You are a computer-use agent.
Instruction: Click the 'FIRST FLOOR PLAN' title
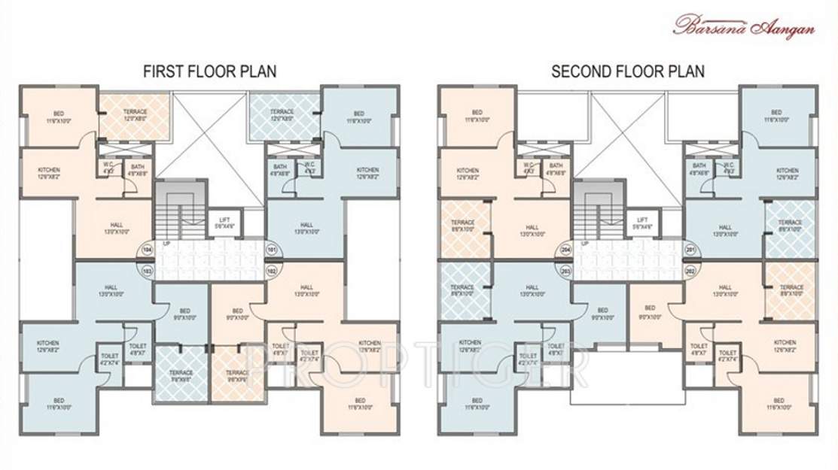coord(209,72)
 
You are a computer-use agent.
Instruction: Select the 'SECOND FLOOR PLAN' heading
coord(628,72)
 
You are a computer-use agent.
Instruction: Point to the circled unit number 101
coord(271,248)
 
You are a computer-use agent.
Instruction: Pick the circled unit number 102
coord(271,268)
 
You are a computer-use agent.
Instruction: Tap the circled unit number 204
coord(566,248)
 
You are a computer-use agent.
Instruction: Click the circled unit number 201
coord(689,248)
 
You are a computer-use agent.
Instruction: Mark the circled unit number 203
coord(566,268)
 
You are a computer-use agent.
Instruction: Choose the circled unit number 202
coord(689,268)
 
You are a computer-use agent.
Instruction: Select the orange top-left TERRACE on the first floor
coord(135,115)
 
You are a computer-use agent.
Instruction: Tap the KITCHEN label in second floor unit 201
coord(788,174)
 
